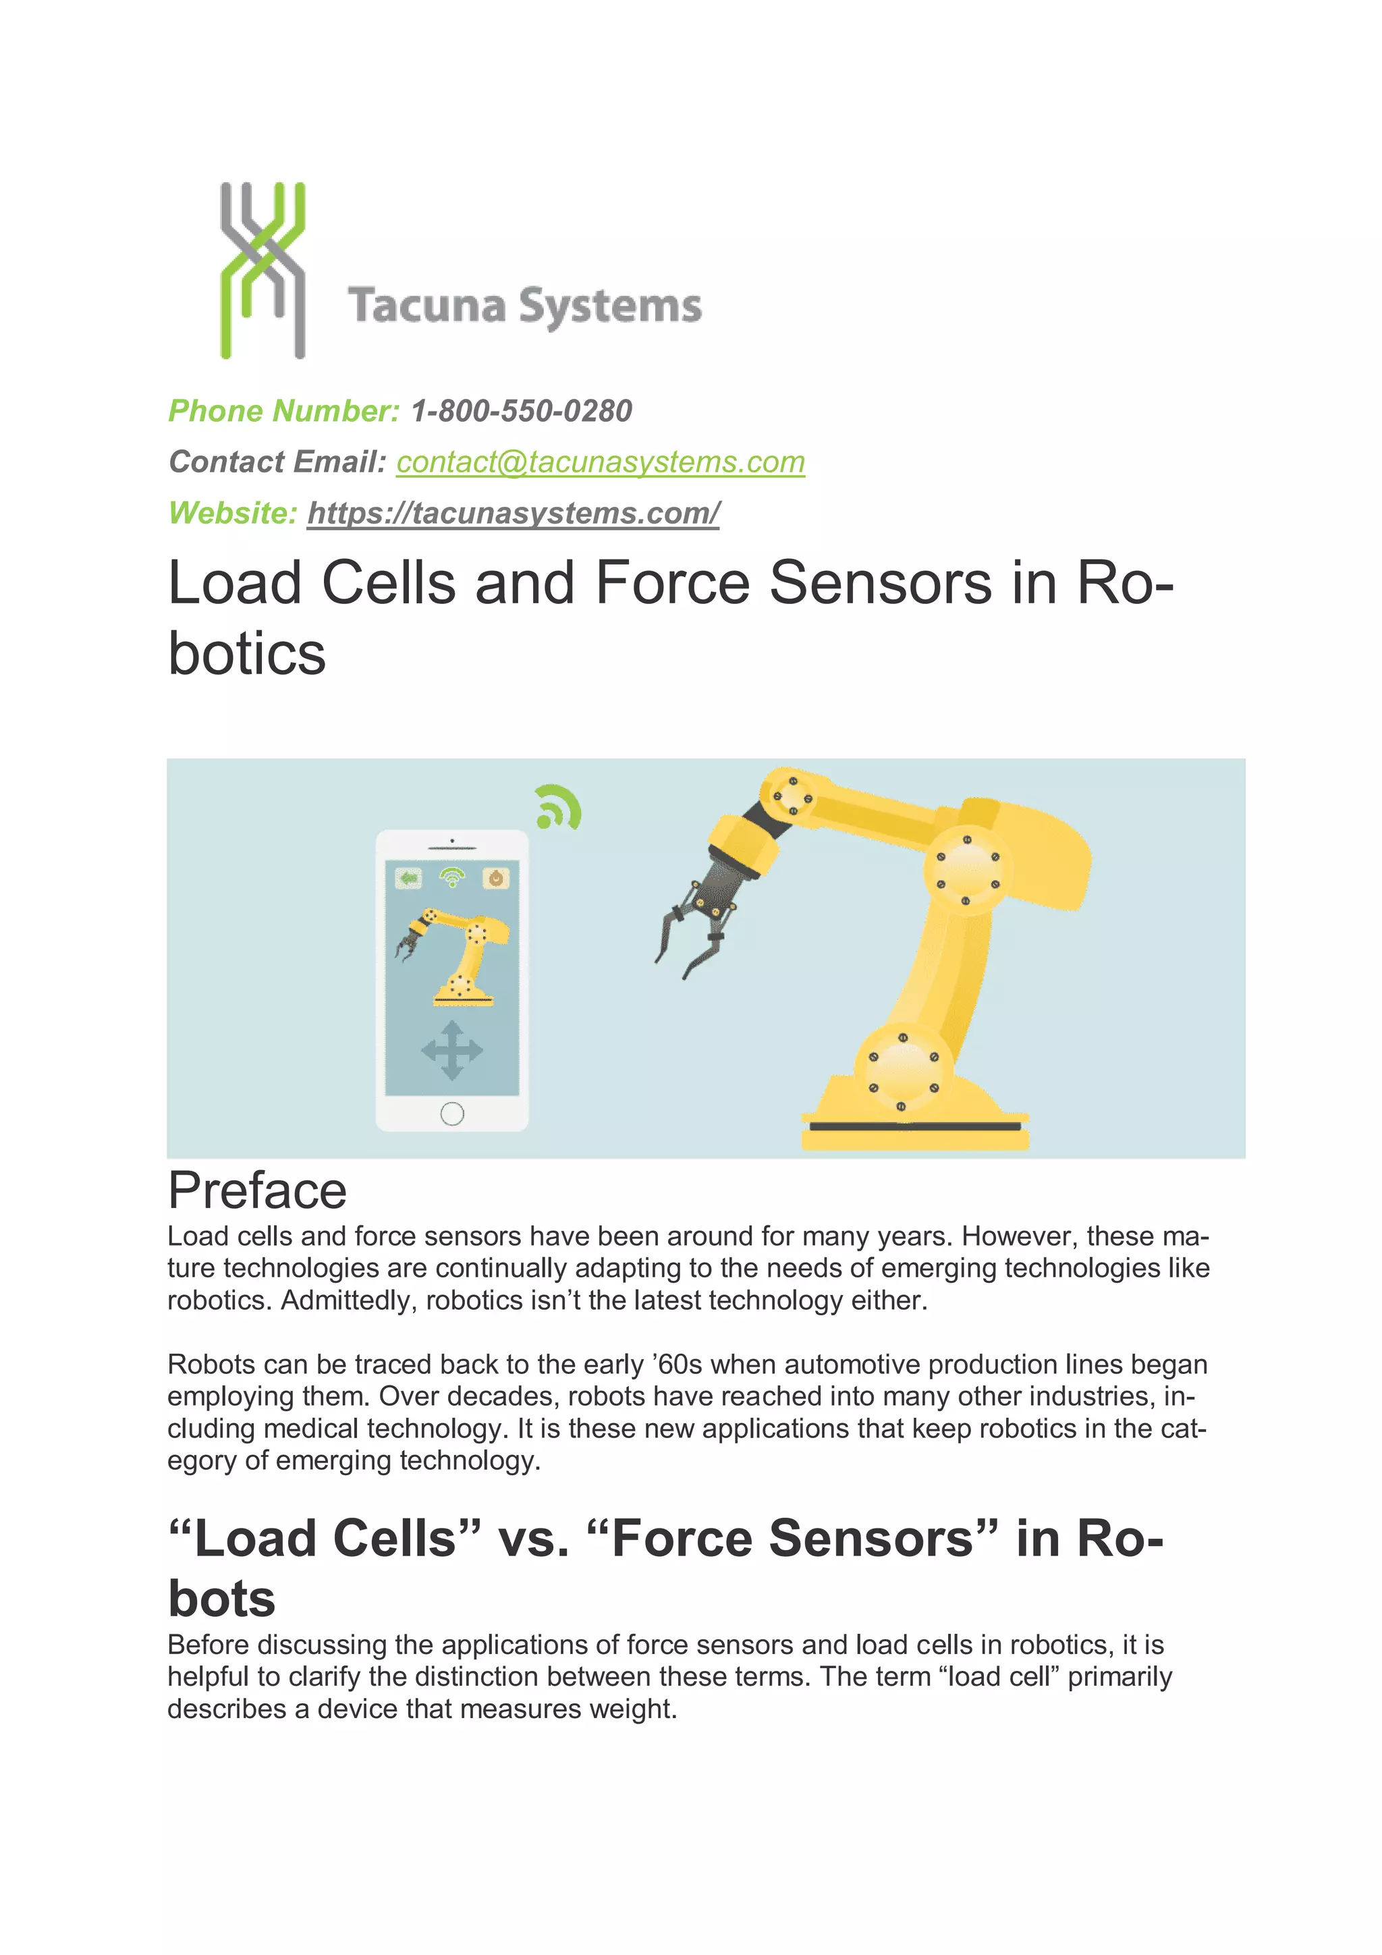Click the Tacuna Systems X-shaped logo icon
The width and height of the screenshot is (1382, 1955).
click(262, 269)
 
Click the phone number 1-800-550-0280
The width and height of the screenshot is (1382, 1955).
click(521, 411)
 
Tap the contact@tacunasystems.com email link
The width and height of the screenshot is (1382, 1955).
click(601, 462)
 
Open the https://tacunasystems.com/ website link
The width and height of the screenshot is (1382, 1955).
click(514, 514)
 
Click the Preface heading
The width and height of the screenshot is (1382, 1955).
click(257, 1190)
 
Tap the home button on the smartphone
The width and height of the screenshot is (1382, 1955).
click(452, 1113)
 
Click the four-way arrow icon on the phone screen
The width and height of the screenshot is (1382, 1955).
click(452, 1050)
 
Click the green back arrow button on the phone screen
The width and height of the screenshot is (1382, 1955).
click(409, 877)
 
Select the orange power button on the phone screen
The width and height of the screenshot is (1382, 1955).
click(495, 877)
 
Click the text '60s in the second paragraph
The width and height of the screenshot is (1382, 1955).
click(677, 1365)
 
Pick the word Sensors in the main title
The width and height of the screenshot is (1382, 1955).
click(881, 584)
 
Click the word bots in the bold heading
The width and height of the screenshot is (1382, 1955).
click(221, 1598)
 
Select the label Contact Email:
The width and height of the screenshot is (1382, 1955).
click(277, 462)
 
